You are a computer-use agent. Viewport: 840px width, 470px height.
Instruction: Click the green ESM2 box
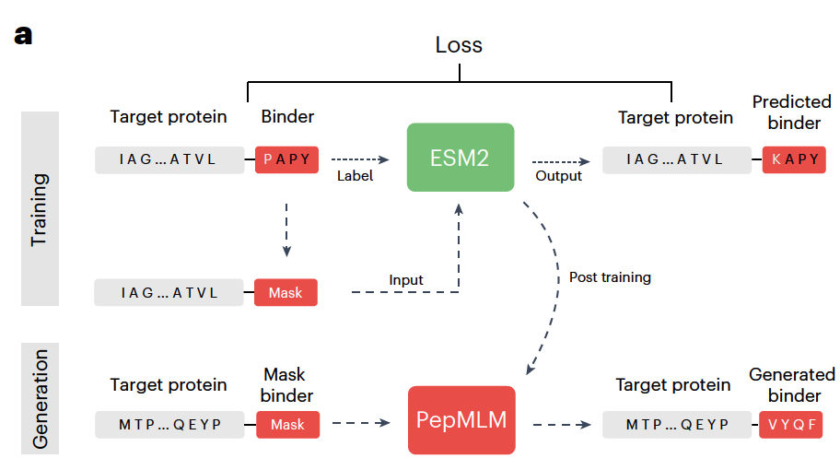pos(460,158)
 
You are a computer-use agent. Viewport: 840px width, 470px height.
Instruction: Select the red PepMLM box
pos(461,420)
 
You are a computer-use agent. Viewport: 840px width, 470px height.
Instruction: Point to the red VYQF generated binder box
pos(790,424)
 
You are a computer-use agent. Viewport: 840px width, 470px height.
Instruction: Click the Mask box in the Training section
pos(286,293)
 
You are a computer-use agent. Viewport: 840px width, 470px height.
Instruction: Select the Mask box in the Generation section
pos(287,425)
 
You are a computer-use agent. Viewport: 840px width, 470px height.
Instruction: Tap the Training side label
pos(40,208)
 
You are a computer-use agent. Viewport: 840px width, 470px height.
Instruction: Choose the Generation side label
pos(40,398)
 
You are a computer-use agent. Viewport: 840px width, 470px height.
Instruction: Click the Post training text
pos(610,276)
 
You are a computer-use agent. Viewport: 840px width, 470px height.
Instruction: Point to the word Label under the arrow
pos(355,175)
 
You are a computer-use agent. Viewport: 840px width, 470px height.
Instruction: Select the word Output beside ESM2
pos(558,175)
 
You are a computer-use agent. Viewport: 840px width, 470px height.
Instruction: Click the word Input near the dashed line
pos(406,280)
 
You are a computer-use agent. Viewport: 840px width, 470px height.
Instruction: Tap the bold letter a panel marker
pos(23,35)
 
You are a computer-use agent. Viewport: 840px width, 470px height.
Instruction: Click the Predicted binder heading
pos(791,112)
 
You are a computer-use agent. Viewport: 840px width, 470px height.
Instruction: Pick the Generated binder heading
pos(792,385)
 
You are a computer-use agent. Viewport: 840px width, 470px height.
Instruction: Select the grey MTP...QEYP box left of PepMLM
pos(170,425)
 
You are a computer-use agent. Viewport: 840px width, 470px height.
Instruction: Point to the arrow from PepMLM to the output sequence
pos(562,425)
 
